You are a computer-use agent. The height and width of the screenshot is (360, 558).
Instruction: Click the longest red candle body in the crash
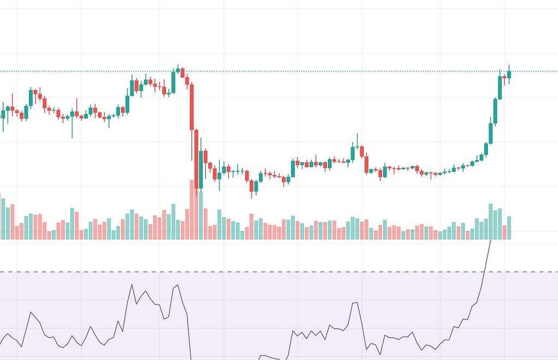(192, 106)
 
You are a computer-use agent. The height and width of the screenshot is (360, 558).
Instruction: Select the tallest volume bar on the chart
(192, 210)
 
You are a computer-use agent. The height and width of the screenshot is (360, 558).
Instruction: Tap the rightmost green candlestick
(509, 75)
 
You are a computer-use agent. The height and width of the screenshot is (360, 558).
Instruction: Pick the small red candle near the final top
(505, 78)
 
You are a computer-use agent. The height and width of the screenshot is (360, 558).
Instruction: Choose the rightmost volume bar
(509, 228)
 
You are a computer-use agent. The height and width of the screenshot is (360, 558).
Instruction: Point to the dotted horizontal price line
(327, 71)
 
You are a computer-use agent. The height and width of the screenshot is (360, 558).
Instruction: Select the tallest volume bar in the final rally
(490, 222)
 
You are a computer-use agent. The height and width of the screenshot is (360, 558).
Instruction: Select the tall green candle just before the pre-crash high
(173, 82)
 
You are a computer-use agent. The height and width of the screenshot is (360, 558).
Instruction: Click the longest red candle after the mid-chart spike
(366, 163)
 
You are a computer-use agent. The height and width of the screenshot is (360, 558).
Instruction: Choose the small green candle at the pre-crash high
(178, 70)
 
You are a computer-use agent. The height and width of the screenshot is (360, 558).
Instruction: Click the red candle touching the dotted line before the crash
(183, 72)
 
